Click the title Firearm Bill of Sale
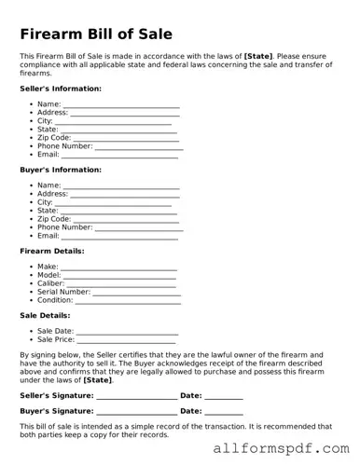click(x=96, y=34)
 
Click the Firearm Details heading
click(x=51, y=251)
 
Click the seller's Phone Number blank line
click(x=139, y=147)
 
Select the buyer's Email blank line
click(x=119, y=237)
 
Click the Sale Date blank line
click(x=127, y=331)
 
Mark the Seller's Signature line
click(x=136, y=396)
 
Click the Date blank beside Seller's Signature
click(x=224, y=396)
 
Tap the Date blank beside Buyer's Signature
click(x=224, y=411)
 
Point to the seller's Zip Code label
click(x=54, y=138)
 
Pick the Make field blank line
click(x=118, y=267)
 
